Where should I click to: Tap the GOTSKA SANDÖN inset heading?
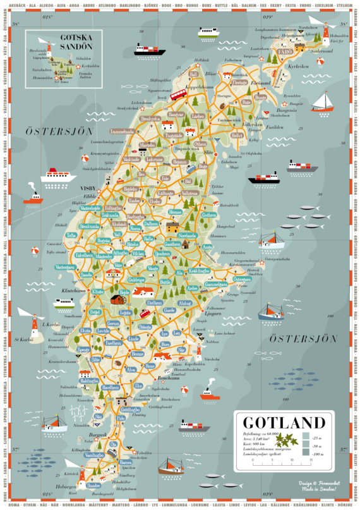point(75,42)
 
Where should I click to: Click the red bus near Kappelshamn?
point(178,94)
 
